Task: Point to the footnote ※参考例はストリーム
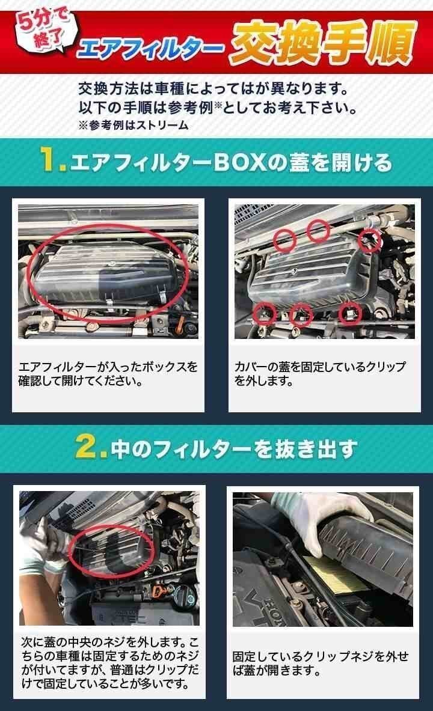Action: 134,126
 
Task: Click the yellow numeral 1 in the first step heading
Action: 51,162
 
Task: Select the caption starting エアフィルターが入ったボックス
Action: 108,374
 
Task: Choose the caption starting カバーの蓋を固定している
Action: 320,374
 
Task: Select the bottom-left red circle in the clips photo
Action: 264,313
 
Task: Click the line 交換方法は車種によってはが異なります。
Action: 213,90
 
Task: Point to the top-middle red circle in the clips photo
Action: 319,229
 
